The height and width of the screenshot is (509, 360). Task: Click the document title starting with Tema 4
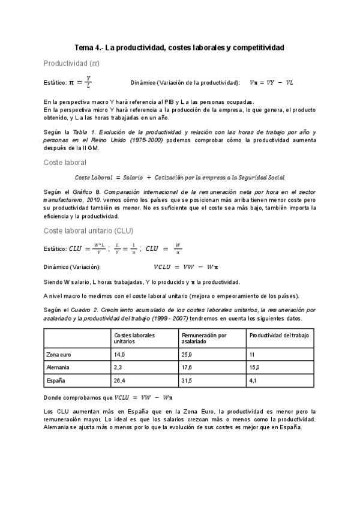point(179,47)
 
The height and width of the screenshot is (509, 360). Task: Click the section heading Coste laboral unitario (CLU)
point(88,230)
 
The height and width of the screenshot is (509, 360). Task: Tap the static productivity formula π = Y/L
point(80,82)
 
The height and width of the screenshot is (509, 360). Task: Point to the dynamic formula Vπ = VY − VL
point(271,82)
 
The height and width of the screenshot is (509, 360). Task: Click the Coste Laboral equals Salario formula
point(179,177)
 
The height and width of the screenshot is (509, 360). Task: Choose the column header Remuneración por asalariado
point(204,337)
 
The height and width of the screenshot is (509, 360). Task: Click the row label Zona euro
point(59,354)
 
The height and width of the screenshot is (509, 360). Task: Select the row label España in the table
point(56,380)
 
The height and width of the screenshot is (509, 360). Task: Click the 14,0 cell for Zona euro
point(119,354)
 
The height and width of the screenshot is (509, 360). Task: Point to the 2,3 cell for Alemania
point(118,367)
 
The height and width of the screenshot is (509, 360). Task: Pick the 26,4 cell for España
point(120,380)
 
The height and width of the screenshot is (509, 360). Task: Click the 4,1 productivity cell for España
point(253,380)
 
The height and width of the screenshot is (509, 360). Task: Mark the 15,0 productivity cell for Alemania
point(254,367)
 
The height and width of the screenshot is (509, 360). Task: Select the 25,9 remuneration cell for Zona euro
point(187,354)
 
